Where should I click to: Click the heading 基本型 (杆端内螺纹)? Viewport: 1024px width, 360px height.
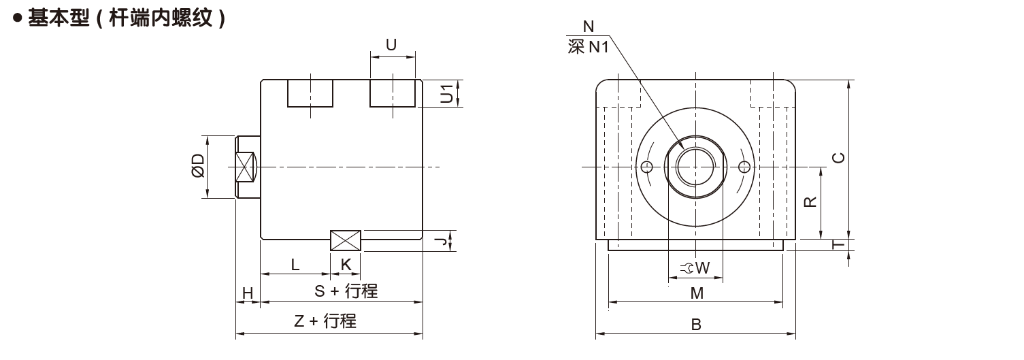coord(127,18)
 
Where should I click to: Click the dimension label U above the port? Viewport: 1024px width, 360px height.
coord(391,45)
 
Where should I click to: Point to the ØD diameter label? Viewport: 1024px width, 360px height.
coord(198,166)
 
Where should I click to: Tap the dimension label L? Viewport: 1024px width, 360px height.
coord(295,265)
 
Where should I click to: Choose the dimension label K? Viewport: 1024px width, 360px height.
coord(346,265)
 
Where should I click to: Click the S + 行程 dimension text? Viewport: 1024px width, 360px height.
coord(346,291)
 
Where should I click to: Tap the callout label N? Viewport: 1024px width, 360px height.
coord(589,27)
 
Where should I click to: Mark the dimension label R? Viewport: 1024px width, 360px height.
coord(810,202)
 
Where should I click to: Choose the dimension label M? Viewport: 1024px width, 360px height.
coord(696,293)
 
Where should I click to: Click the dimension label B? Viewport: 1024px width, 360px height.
coord(696,325)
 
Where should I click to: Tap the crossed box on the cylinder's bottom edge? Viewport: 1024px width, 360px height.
coord(346,241)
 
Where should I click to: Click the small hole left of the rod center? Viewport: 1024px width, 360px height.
coord(646,167)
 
